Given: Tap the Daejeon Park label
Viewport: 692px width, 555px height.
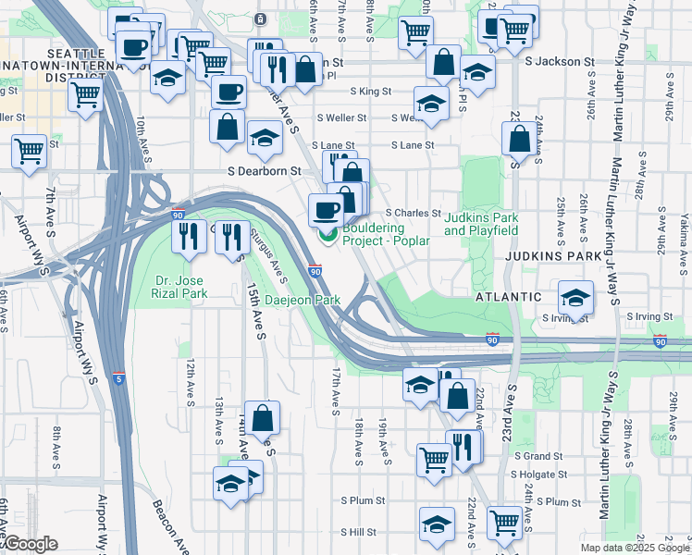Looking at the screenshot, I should (303, 301).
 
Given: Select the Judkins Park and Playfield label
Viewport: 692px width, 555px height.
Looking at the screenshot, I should (481, 224).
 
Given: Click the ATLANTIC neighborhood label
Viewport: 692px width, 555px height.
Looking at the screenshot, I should (508, 297).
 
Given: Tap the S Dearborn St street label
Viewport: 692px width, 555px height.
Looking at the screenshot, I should (265, 171).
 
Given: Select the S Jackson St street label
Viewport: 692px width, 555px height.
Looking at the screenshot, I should (559, 61).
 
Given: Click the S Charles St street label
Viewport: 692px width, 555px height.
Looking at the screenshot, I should (413, 212).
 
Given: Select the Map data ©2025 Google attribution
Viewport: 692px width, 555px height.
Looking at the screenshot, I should (634, 548).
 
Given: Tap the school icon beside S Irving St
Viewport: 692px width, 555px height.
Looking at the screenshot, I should (575, 299).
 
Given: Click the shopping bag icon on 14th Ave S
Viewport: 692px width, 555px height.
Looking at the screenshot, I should (263, 417).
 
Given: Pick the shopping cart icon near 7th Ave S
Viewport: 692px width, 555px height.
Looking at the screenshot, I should (29, 149).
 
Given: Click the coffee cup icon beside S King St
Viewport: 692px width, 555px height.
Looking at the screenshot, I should (229, 92).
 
